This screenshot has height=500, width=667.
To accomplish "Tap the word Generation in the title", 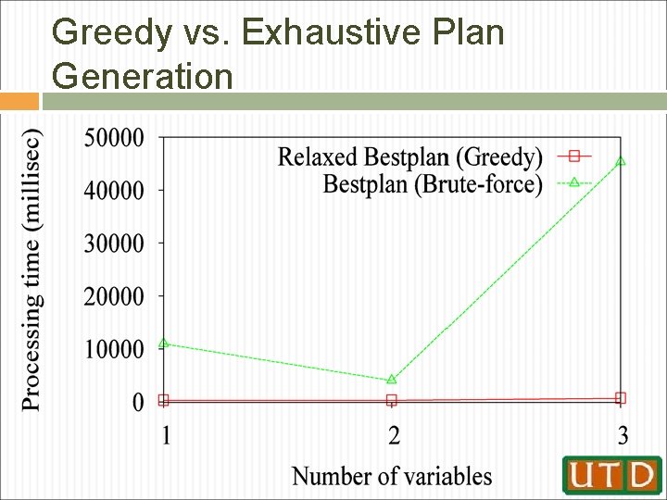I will (143, 75).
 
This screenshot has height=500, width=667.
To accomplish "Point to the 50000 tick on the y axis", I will (114, 138).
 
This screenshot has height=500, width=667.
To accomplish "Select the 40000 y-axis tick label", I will (114, 191).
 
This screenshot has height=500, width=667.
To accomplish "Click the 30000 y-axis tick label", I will (114, 244).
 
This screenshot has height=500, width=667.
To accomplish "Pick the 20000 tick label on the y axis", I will (114, 296).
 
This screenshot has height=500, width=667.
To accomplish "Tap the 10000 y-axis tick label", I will (114, 349).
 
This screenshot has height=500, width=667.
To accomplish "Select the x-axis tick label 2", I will (394, 434).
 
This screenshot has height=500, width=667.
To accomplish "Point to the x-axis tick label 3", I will (623, 434).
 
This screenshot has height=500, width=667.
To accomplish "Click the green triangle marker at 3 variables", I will (621, 161).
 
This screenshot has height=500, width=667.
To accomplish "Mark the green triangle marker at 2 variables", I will (392, 379).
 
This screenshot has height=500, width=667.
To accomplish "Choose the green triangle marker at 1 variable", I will (164, 344).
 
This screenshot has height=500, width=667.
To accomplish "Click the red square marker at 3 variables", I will (621, 398).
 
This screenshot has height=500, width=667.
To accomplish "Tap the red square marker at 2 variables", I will (392, 401).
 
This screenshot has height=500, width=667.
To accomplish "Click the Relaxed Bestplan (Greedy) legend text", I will (409, 156).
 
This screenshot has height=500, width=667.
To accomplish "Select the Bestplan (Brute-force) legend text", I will (433, 183).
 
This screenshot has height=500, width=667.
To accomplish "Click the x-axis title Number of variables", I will (392, 476).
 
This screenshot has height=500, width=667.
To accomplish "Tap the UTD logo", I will (611, 474).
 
